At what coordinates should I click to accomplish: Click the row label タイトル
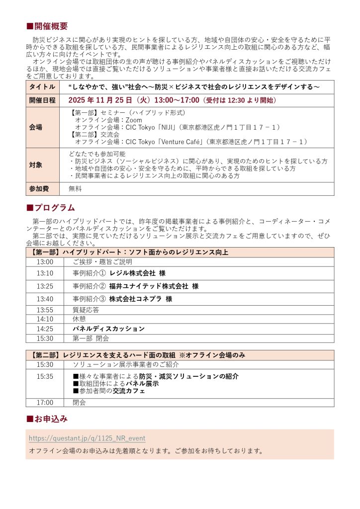pos(42,86)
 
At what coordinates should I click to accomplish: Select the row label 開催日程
pos(42,100)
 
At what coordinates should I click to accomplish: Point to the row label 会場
pos(36,127)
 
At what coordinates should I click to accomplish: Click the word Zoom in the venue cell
pos(134,120)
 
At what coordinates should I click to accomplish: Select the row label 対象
pos(36,165)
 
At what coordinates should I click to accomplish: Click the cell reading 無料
pos(75,189)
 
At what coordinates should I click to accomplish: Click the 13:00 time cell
pos(45,262)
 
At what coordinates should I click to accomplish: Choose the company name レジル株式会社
pos(133,273)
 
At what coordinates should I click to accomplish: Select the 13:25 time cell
pos(45,286)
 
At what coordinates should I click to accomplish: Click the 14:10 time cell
pos(45,319)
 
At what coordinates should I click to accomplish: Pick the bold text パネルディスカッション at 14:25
pos(108,329)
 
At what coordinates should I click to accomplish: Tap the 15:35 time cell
pos(45,376)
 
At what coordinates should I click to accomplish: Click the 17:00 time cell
pos(45,402)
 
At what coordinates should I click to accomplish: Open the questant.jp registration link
pos(87,438)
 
